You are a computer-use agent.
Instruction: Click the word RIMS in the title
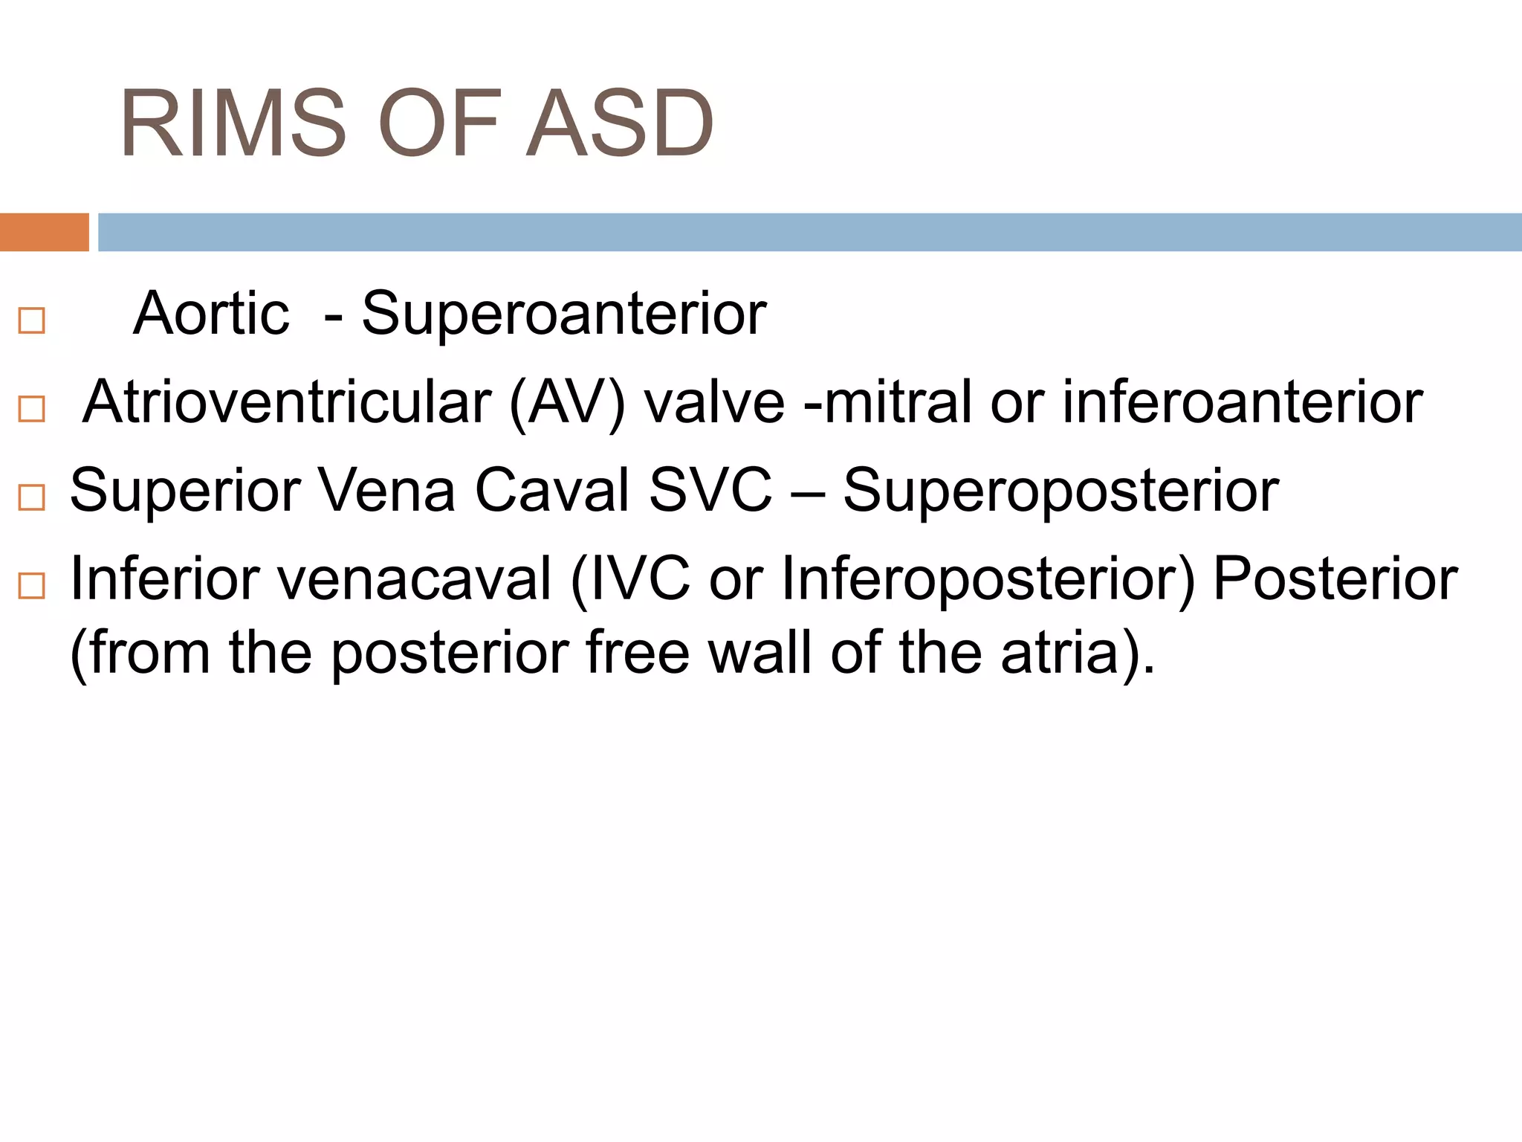click(233, 123)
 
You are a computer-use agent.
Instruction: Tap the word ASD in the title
click(619, 123)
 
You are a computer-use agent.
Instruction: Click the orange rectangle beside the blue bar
click(44, 232)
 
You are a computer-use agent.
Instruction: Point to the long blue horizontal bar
click(809, 232)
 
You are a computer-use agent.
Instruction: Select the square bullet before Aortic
click(31, 321)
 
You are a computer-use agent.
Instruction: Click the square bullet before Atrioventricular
click(31, 409)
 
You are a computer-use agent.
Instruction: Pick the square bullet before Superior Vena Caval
click(31, 497)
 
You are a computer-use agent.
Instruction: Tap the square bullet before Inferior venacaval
click(31, 586)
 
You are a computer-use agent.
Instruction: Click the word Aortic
click(211, 314)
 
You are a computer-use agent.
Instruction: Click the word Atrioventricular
click(287, 402)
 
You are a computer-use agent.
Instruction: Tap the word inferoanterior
click(1242, 402)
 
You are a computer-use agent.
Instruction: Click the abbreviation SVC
click(710, 491)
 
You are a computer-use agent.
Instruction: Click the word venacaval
click(414, 579)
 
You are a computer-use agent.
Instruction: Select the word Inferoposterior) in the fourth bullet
click(988, 581)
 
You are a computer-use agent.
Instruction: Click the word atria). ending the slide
click(1078, 653)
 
